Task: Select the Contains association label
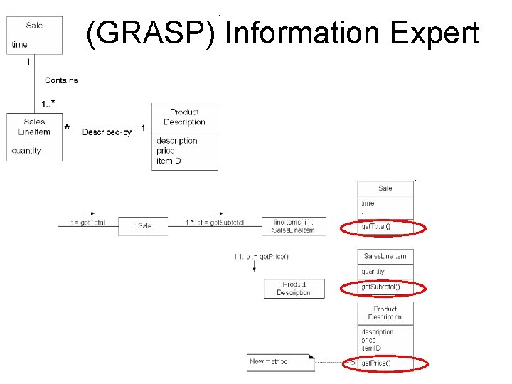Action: (x=61, y=80)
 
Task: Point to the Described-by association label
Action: (x=107, y=132)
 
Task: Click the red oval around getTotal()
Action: (x=383, y=227)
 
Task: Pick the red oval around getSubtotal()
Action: (x=383, y=287)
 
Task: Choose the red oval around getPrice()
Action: (x=383, y=363)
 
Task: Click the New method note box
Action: (x=279, y=362)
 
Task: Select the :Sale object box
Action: (x=143, y=226)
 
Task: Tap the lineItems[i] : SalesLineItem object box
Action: (x=293, y=226)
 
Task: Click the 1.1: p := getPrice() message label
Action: (x=261, y=256)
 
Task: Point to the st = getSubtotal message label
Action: (x=215, y=223)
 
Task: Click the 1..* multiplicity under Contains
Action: (x=48, y=104)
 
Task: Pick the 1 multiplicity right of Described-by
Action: (x=142, y=128)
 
